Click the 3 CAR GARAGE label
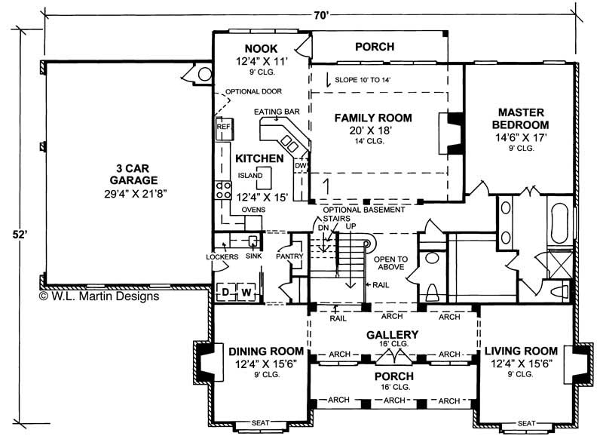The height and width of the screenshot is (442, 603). pos(127,174)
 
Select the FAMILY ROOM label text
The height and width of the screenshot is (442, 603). pos(373,118)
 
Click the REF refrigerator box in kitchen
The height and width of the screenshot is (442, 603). pos(223,127)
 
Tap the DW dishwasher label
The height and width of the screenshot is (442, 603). pos(300,165)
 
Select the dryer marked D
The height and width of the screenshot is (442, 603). pos(225,292)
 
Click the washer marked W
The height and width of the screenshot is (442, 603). pos(245,292)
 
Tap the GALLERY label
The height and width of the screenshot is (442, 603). pos(393,334)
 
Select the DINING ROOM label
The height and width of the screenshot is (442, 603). pos(266,351)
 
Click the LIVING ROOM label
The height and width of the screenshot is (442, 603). pos(521,351)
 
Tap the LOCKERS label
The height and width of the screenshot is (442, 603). pos(222,256)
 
